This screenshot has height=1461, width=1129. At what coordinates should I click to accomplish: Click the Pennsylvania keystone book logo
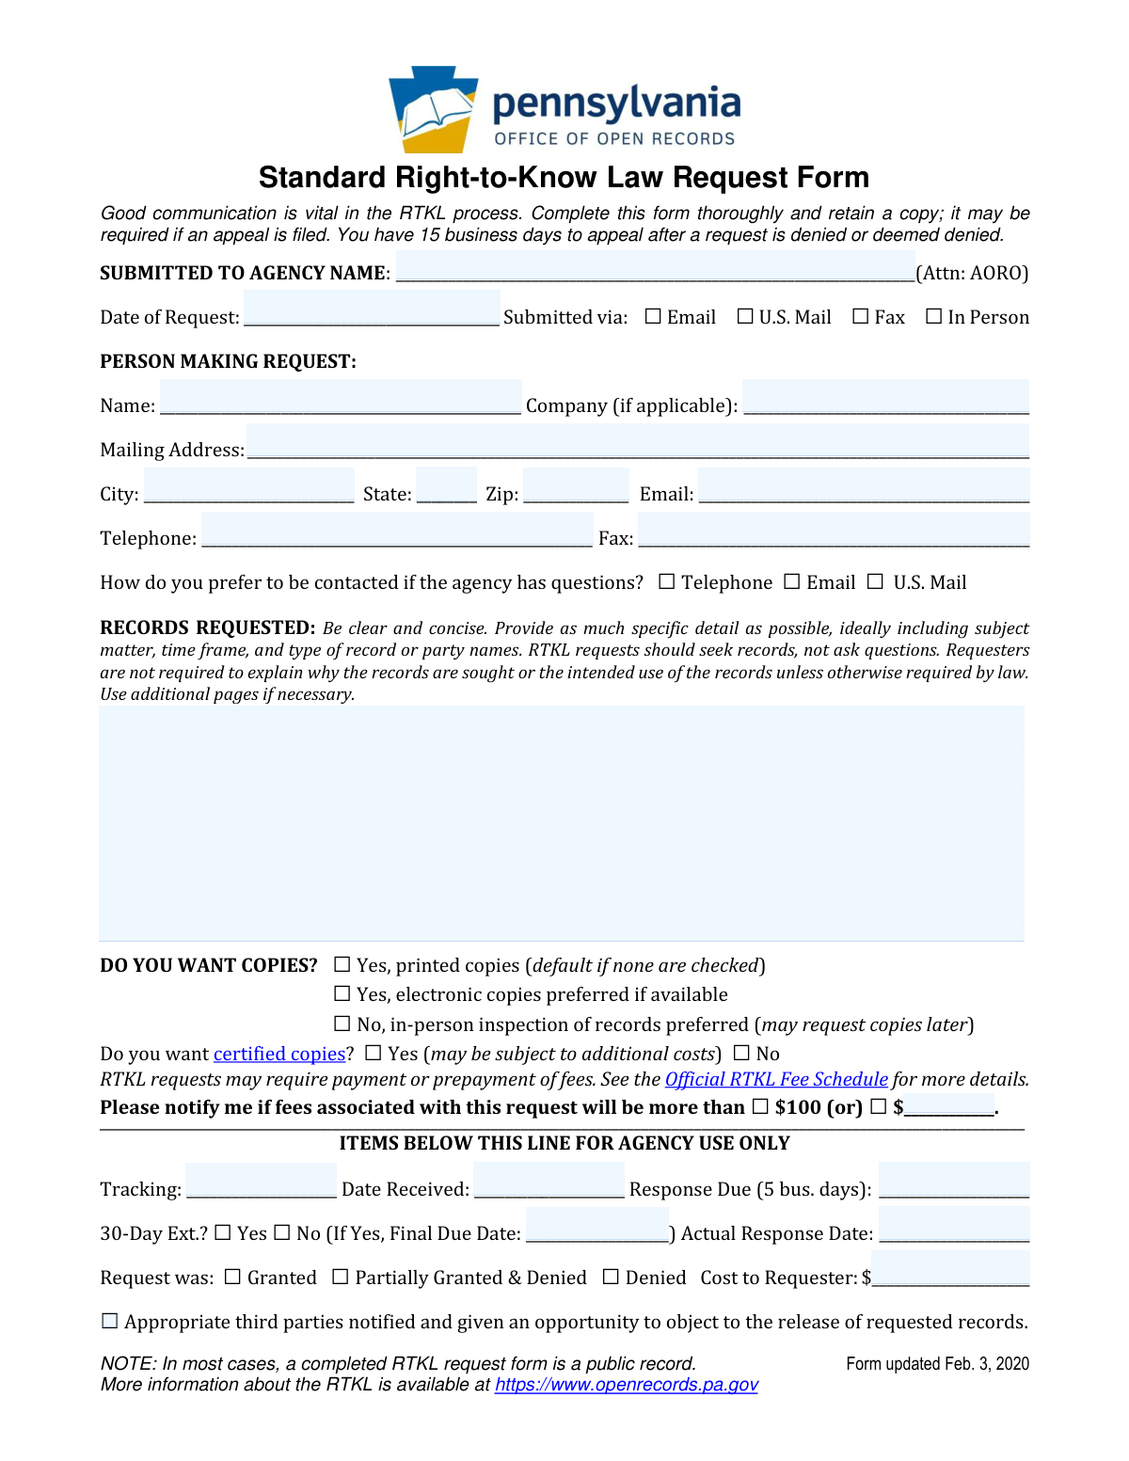coord(434,109)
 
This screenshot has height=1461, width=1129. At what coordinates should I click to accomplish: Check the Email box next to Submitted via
coord(653,317)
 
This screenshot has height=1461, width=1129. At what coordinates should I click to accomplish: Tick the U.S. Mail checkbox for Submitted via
coord(745,317)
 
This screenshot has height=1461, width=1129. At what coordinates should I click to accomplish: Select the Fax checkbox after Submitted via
coord(860,317)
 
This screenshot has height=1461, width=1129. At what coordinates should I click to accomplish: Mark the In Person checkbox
coord(933,317)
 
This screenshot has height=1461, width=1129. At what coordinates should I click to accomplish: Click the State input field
coord(446,487)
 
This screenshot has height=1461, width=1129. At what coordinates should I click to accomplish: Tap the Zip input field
coord(575,487)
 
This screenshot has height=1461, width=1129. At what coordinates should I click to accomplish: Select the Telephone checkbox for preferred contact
coord(667,582)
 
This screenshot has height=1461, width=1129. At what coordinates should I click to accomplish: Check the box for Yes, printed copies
coord(342,965)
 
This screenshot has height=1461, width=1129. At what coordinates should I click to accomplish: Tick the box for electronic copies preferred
coord(342,994)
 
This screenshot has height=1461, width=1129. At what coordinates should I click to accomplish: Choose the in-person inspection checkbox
coord(342,1024)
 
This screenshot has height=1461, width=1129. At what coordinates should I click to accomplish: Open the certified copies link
coord(279,1055)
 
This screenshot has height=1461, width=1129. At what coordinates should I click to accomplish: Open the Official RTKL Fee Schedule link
coord(776,1080)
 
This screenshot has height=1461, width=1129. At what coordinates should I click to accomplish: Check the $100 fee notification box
coord(760,1107)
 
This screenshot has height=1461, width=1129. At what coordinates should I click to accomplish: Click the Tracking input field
coord(261,1182)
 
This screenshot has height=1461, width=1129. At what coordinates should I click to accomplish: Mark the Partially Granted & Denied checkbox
coord(341,1278)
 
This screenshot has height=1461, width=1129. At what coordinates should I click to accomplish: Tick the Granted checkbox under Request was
coord(232,1278)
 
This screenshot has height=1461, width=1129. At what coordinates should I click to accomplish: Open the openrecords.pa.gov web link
coord(626,1385)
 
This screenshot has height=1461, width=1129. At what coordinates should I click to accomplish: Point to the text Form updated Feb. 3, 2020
coord(937,1364)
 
